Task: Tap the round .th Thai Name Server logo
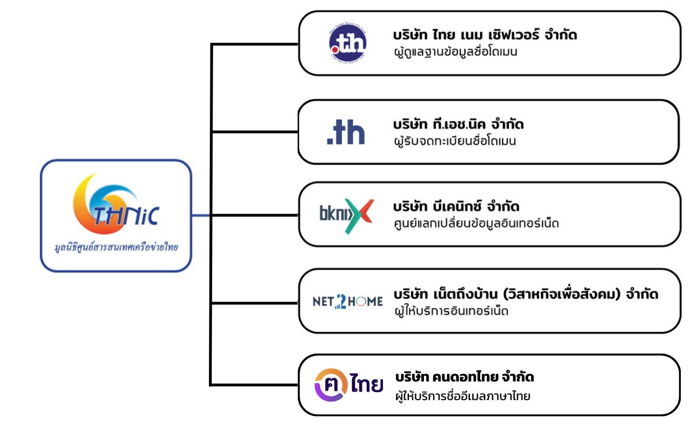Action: coord(348,44)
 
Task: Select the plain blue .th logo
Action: coord(346,133)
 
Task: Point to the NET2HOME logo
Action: coord(348,301)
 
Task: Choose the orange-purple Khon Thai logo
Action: coord(349,385)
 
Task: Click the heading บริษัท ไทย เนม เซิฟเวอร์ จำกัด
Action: coord(485,35)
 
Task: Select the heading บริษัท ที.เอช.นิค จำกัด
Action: coord(458,124)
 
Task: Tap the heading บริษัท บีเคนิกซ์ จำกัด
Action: coord(456,206)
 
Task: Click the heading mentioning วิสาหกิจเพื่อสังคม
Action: coord(526,294)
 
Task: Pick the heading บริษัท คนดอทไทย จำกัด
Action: coord(464,376)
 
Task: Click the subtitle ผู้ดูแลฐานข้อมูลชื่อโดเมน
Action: coord(456,52)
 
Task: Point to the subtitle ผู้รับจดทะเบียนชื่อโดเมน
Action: coord(455,141)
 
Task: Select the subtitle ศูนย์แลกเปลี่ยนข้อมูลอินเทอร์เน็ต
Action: coord(476,223)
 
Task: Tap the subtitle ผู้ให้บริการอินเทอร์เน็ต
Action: coord(451,311)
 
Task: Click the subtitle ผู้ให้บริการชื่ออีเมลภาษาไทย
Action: coord(463,396)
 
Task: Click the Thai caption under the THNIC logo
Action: coord(116,247)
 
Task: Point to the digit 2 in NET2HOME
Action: coord(341,301)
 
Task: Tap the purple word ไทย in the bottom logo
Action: coord(367,384)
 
